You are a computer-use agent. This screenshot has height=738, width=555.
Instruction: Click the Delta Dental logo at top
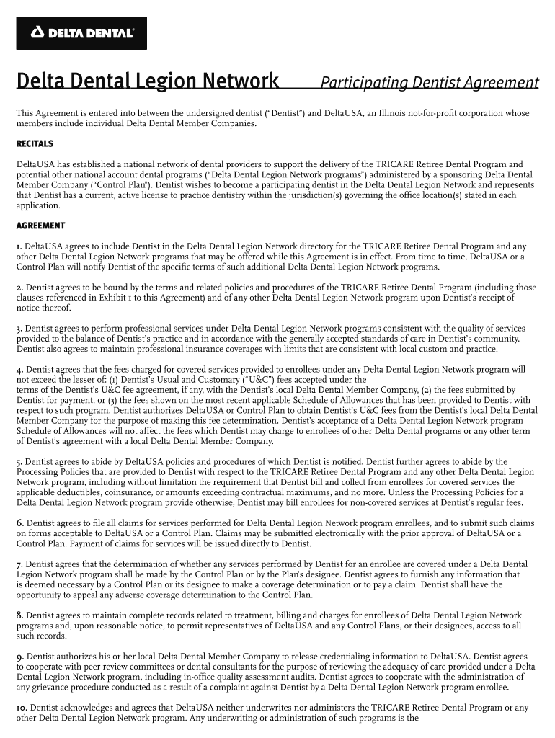pyautogui.click(x=81, y=32)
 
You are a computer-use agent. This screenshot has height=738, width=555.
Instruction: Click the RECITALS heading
pyautogui.click(x=35, y=144)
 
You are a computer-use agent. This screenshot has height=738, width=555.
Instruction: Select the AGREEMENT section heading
pyautogui.click(x=40, y=226)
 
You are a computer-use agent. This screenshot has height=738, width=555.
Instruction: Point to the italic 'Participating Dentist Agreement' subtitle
pyautogui.click(x=429, y=83)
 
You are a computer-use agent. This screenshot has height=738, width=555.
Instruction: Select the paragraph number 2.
pyautogui.click(x=19, y=288)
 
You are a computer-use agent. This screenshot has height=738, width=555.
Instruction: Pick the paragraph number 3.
pyautogui.click(x=19, y=329)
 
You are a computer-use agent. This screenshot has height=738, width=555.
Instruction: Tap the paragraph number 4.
pyautogui.click(x=19, y=370)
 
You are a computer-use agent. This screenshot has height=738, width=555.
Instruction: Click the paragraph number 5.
pyautogui.click(x=19, y=461)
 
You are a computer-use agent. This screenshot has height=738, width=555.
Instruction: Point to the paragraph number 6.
pyautogui.click(x=19, y=523)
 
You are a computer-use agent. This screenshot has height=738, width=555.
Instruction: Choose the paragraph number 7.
pyautogui.click(x=19, y=564)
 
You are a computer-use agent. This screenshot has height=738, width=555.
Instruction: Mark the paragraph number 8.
pyautogui.click(x=19, y=615)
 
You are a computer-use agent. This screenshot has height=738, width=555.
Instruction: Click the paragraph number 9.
pyautogui.click(x=19, y=657)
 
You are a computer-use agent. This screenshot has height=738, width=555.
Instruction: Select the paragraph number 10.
pyautogui.click(x=22, y=708)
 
